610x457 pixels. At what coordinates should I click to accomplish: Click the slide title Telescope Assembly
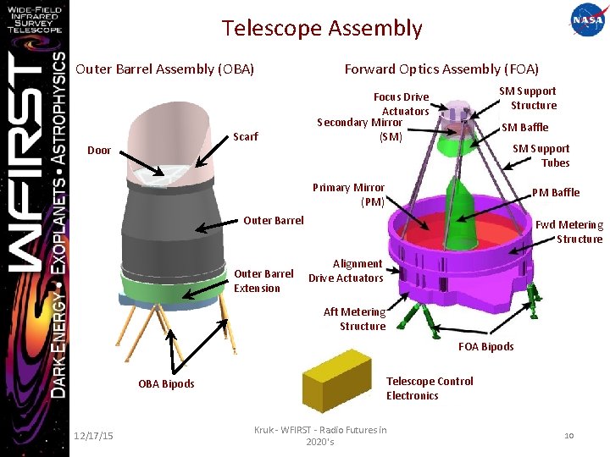click(x=322, y=28)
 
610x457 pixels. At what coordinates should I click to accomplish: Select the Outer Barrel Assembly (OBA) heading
click(x=165, y=69)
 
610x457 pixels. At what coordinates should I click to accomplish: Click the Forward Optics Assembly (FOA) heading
click(x=441, y=69)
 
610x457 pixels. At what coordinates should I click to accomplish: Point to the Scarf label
click(x=246, y=135)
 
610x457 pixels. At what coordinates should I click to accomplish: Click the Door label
click(x=99, y=151)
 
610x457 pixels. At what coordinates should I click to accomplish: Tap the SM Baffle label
click(x=524, y=127)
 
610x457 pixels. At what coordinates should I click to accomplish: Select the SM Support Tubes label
click(x=541, y=156)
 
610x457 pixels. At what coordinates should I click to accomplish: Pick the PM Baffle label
click(x=555, y=192)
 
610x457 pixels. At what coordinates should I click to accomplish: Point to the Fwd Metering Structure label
click(x=569, y=232)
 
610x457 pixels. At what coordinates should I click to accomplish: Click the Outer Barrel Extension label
click(x=263, y=281)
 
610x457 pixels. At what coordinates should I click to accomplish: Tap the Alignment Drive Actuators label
click(x=346, y=271)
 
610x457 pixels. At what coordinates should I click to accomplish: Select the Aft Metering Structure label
click(x=355, y=319)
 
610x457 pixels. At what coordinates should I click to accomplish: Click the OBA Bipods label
click(x=166, y=383)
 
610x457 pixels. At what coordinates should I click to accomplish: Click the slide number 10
click(x=569, y=435)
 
